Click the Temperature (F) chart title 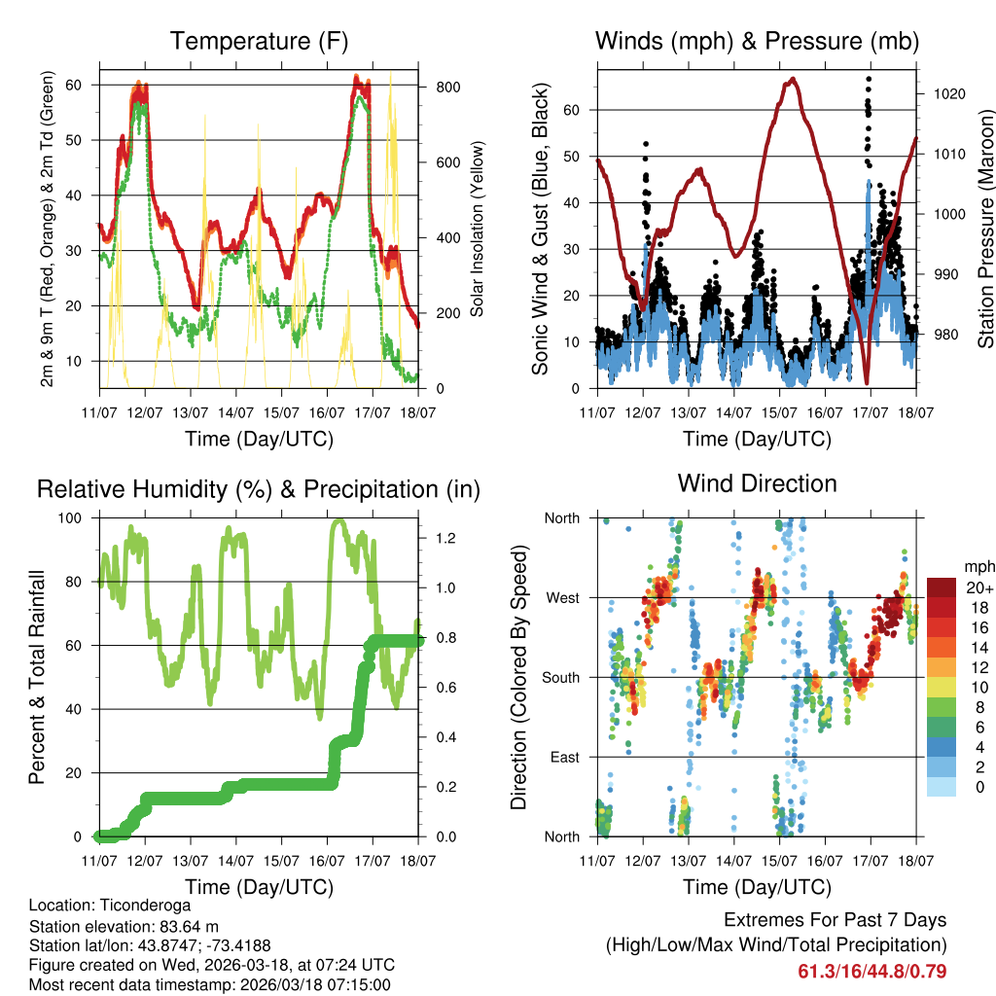click(259, 41)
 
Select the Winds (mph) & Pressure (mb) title click(757, 41)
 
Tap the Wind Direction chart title click(757, 483)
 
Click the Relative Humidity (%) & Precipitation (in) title click(259, 489)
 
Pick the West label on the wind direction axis click(561, 598)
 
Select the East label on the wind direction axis click(563, 758)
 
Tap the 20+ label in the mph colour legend click(979, 588)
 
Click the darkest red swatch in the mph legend click(943, 588)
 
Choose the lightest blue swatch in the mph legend click(943, 786)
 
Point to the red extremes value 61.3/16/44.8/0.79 click(872, 972)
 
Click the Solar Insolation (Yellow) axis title click(478, 230)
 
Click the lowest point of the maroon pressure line click(866, 382)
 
